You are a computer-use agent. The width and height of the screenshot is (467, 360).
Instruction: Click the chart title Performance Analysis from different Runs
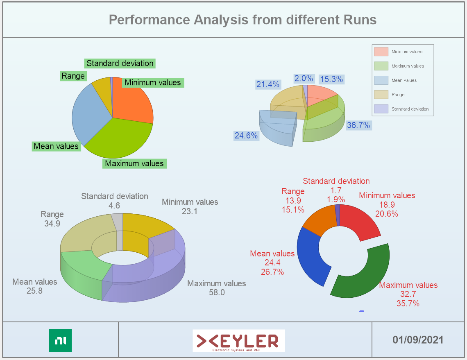coord(243,20)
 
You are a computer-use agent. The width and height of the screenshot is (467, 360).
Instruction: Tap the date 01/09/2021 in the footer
coord(417,340)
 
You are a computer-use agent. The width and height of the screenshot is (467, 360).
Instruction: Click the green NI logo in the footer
coord(60,340)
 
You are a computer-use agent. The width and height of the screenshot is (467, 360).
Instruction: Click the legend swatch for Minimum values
coord(381,52)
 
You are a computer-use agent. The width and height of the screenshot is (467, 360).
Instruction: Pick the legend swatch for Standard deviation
coord(381,109)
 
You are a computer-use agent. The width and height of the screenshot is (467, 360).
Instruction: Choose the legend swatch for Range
coord(381,95)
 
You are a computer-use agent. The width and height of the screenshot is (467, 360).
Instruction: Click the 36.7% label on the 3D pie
coord(358,125)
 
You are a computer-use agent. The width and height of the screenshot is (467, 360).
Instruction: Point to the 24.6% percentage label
coord(246,136)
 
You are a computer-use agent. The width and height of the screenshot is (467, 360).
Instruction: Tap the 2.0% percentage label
coord(304,78)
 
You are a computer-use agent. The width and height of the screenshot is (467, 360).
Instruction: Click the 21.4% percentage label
coord(268,84)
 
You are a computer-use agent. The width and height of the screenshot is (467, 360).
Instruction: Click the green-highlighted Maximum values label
coord(134,163)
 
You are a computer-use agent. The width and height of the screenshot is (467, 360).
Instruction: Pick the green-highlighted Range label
coord(73,76)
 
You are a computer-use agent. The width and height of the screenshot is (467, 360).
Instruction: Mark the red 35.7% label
coord(408,303)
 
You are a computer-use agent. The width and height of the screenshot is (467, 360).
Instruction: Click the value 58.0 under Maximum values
coord(217,292)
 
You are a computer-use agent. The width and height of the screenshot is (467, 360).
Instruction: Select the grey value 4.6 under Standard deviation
coord(114,205)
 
